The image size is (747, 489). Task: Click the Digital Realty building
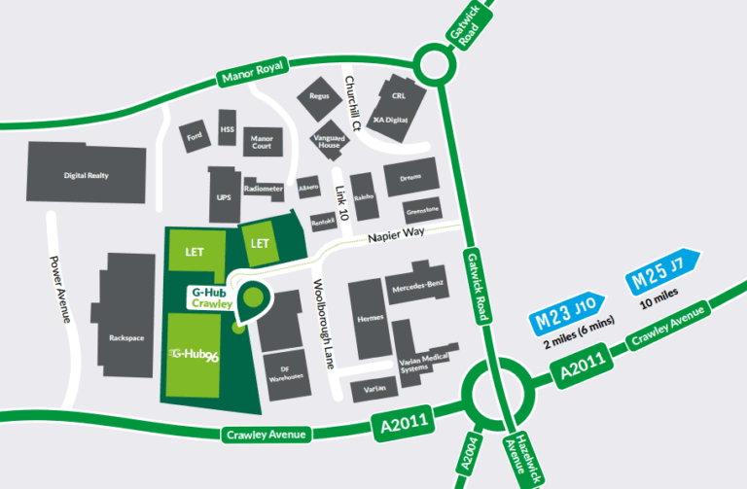click(85, 175)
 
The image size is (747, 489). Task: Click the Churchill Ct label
click(353, 102)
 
